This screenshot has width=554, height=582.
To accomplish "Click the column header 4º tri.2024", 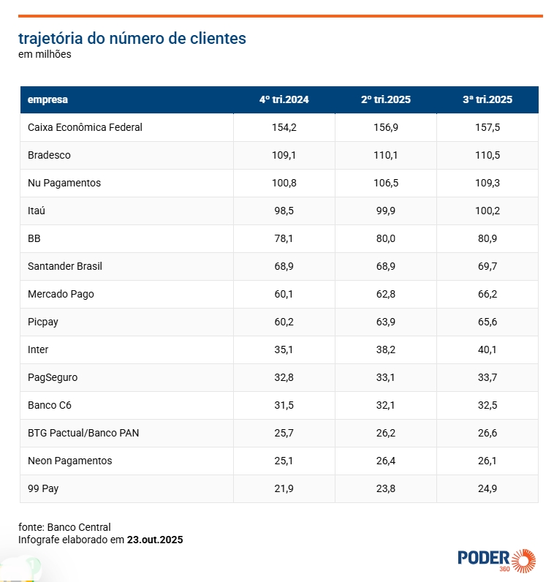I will click(x=284, y=100).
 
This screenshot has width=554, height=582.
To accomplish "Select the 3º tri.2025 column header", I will click(x=487, y=100).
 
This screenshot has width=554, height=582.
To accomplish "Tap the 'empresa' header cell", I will click(x=48, y=100).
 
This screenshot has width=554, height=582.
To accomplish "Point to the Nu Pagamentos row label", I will click(x=64, y=183).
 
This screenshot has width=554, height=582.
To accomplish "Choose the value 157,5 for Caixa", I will click(x=487, y=127).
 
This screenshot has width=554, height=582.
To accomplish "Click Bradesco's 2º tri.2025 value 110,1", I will click(x=385, y=155).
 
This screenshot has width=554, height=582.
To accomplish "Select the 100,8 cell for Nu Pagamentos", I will click(x=284, y=183).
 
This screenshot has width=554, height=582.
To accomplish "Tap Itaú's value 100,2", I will click(x=487, y=211).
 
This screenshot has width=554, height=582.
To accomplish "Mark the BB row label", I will click(x=34, y=238).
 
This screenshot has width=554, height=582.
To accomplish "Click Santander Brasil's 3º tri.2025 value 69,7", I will click(x=487, y=266).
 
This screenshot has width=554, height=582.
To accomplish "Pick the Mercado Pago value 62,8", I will click(x=385, y=294).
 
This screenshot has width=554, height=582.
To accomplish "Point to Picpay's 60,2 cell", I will click(x=284, y=322).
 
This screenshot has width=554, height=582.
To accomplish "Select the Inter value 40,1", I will click(x=487, y=349).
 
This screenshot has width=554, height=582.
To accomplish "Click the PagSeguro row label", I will click(x=53, y=377).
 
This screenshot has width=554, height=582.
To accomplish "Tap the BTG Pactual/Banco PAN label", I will click(x=83, y=433).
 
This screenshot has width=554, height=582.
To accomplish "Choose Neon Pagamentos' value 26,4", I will click(x=385, y=461).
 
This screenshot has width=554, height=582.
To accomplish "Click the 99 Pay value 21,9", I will click(x=284, y=488).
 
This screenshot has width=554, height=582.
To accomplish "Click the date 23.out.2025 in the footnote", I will click(x=155, y=540).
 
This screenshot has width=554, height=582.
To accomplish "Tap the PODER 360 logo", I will click(x=496, y=559).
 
